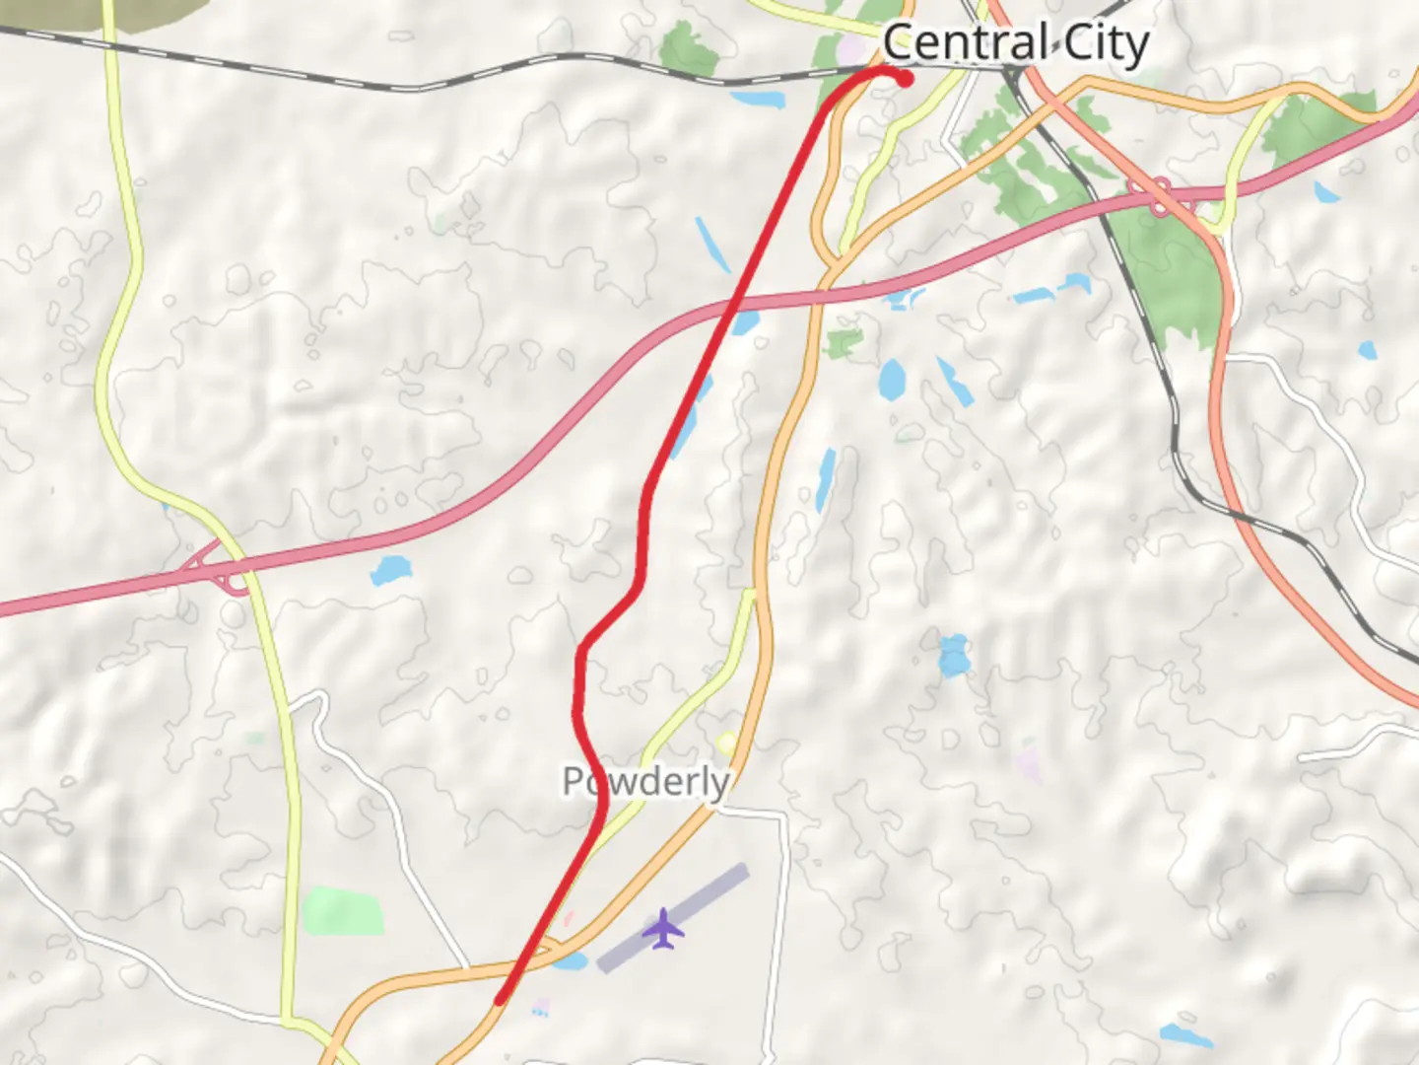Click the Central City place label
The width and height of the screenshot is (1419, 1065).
(x=1015, y=43)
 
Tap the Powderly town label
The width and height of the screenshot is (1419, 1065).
(x=645, y=781)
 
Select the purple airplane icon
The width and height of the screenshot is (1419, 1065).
(x=664, y=929)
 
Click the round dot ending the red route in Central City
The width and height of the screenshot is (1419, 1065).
(x=905, y=79)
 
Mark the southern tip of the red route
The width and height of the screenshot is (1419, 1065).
(x=500, y=1000)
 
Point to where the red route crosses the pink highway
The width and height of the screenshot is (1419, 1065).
(x=731, y=307)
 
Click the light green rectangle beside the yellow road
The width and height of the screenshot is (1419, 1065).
(x=343, y=911)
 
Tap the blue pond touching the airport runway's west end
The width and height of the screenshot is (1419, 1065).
(x=571, y=959)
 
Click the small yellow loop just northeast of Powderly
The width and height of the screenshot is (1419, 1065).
(x=727, y=743)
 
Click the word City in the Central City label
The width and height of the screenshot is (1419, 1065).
(x=1106, y=45)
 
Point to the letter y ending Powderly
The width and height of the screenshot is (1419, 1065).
(x=719, y=785)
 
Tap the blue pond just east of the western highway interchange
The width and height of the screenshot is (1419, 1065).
(x=391, y=570)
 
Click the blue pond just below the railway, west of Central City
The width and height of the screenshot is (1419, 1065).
(x=758, y=99)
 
